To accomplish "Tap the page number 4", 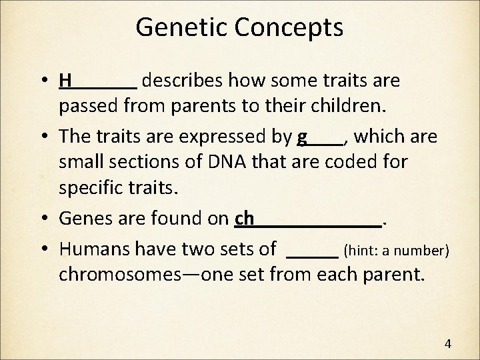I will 447,344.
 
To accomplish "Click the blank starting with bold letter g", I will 320,137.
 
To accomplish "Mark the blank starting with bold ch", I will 308,217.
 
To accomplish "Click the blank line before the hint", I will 312,251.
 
